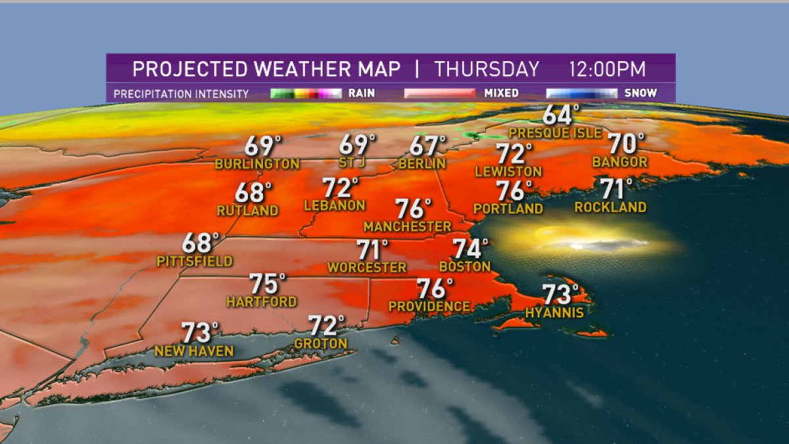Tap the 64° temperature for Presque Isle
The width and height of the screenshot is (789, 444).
558,115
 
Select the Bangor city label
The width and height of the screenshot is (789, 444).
619,162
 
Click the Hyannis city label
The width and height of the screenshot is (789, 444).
554,312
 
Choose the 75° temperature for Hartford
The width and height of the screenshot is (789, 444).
267,285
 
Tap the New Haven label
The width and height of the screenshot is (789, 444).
194,351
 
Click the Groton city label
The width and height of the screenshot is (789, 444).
321,344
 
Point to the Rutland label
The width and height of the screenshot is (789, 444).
248,210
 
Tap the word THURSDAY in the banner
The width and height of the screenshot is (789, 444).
487,69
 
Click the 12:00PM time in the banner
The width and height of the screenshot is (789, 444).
608,69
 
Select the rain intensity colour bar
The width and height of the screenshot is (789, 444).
306,93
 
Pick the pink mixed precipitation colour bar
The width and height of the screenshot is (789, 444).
439,93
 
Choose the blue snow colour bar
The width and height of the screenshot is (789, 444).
581,93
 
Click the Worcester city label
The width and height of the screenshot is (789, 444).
367,268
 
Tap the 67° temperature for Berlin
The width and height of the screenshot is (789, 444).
428,145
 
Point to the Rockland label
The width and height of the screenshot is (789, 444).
610,207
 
